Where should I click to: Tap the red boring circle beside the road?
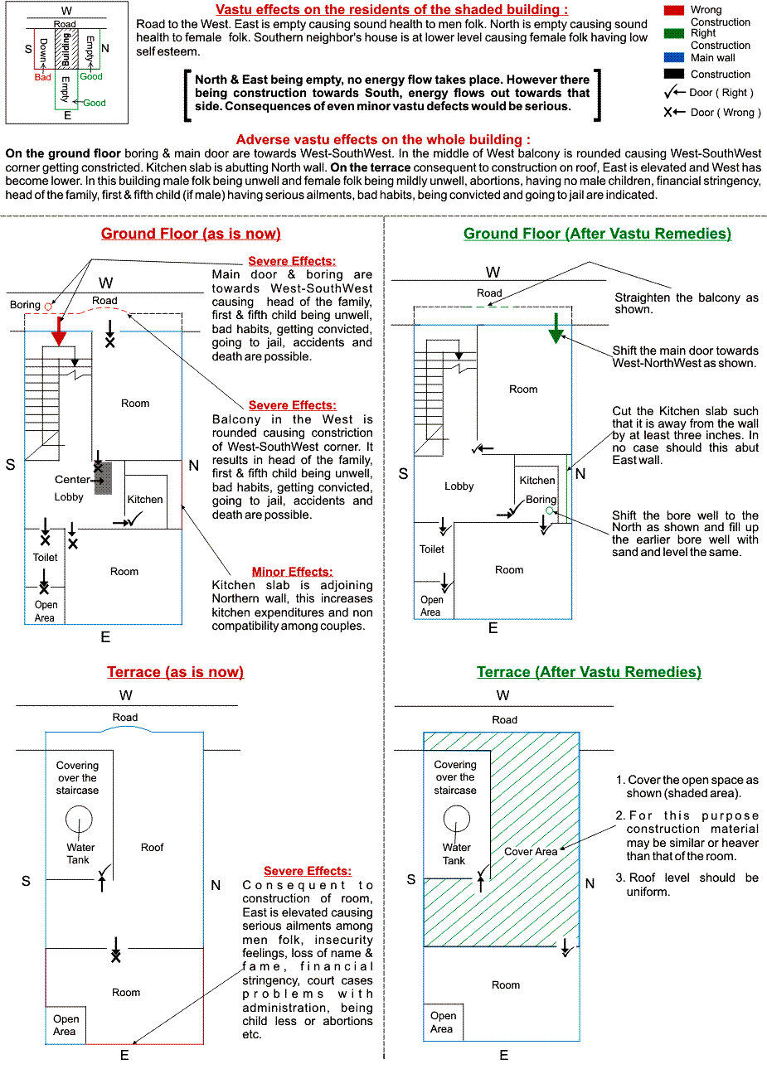(x=48, y=307)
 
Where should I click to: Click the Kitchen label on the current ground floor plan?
(x=145, y=500)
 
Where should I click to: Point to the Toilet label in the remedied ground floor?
(x=432, y=549)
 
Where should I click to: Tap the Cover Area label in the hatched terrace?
(x=531, y=852)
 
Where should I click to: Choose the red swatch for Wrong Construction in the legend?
(x=674, y=10)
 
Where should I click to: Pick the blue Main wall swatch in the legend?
(x=674, y=58)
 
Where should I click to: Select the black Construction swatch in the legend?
(x=674, y=75)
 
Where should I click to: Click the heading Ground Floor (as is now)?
(x=191, y=234)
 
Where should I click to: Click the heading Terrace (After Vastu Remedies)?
(x=589, y=672)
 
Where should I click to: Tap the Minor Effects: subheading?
(x=292, y=572)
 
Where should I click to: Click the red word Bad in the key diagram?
(x=42, y=77)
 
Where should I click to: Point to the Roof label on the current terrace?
(x=152, y=848)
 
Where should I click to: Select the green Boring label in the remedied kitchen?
(x=541, y=500)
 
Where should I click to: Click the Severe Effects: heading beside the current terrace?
(x=307, y=871)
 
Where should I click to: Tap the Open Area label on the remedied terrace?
(x=443, y=1022)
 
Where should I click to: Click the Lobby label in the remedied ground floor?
(x=459, y=486)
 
